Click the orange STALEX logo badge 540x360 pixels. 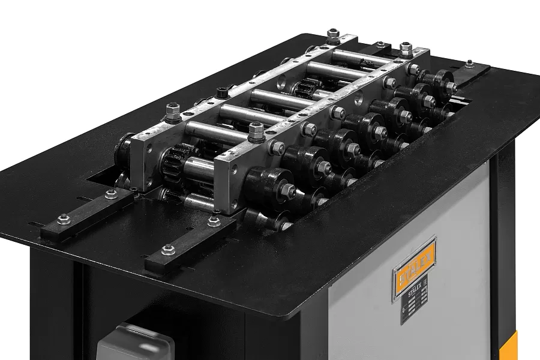point(414,268)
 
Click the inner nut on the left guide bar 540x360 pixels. point(111,194)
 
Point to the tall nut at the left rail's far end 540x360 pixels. point(332,35)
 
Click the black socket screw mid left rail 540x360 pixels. point(223,93)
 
